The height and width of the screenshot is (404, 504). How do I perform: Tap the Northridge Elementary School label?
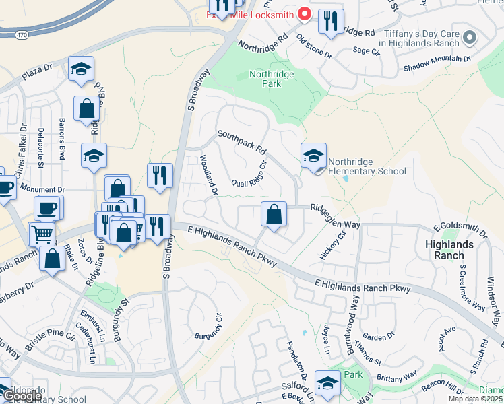[367, 166]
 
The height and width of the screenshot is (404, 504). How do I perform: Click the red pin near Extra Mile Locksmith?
[304, 13]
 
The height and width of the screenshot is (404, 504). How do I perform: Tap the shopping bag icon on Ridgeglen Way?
[274, 215]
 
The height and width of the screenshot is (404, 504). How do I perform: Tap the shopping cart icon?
[42, 234]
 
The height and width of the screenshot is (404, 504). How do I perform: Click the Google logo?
[22, 397]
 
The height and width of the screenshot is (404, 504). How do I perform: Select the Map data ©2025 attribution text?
[476, 399]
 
